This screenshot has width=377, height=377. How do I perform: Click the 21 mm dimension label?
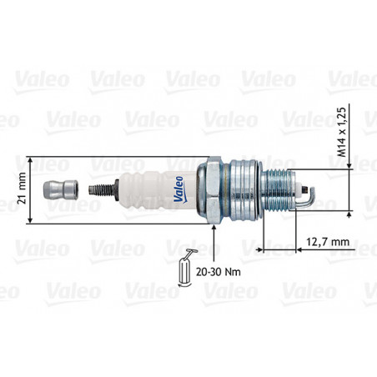[x=22, y=188]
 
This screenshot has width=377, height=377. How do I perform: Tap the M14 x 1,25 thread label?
[x=342, y=132]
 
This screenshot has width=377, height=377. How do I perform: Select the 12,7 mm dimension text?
[x=328, y=242]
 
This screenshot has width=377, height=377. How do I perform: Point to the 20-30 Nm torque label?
[x=219, y=272]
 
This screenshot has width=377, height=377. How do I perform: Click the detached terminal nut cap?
[x=61, y=189]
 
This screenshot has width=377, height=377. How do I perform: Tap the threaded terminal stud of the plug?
[x=102, y=189]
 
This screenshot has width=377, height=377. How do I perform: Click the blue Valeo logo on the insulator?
[x=179, y=189]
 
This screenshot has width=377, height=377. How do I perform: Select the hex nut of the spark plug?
[x=210, y=190]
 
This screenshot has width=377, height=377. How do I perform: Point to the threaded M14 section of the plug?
[x=278, y=189]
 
